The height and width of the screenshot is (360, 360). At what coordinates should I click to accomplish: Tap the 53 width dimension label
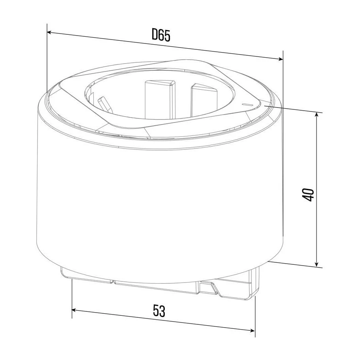pos(159,311)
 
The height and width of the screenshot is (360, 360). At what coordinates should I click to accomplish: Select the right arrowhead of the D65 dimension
pos(281,59)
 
